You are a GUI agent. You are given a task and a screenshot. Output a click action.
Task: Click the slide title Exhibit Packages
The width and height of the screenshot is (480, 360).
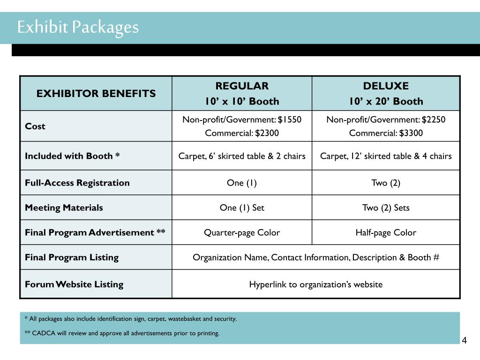point(78,27)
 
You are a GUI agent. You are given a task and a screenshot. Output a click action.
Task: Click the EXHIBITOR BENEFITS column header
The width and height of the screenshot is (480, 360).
point(96,93)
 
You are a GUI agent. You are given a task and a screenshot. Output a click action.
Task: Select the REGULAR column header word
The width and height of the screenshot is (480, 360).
point(242,86)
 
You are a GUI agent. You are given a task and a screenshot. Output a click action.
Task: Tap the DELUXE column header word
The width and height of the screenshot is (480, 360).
point(386,86)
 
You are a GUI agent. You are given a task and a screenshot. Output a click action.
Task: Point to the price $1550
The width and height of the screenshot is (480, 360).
point(289,120)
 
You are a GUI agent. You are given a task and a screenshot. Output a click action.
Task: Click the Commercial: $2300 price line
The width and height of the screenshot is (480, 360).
point(242,133)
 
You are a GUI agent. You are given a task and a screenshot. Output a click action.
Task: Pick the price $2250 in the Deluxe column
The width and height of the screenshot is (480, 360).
point(434,120)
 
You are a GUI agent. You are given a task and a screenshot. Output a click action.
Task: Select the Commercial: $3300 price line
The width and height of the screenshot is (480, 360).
point(386,133)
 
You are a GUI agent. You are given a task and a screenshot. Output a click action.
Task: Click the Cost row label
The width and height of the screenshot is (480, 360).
point(35,126)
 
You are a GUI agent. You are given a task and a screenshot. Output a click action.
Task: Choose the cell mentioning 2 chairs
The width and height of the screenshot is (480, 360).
point(242,156)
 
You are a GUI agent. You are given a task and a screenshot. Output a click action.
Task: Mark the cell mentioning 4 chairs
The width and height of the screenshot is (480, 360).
point(386,156)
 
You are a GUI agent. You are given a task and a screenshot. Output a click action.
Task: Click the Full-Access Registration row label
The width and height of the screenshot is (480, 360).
point(77,183)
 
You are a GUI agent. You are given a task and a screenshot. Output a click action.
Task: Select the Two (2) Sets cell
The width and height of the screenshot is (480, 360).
point(386,208)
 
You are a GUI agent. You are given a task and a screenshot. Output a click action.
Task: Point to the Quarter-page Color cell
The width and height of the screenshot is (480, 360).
point(242,232)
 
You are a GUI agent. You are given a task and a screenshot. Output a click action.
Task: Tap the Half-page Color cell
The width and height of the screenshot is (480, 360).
point(386,232)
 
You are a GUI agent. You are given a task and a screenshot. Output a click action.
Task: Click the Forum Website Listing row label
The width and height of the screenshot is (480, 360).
point(74,284)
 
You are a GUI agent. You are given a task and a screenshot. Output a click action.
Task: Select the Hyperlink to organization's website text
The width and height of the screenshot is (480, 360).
point(315,285)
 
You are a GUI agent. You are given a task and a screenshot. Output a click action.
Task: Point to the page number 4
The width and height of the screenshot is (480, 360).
point(464,341)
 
